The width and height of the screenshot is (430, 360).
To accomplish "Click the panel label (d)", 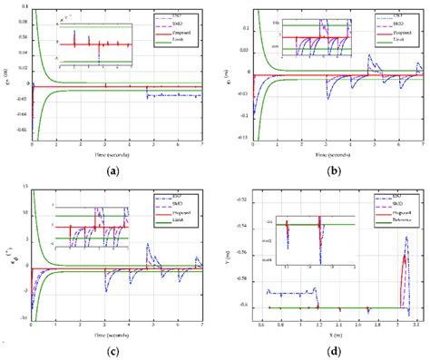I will tap(329, 350).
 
